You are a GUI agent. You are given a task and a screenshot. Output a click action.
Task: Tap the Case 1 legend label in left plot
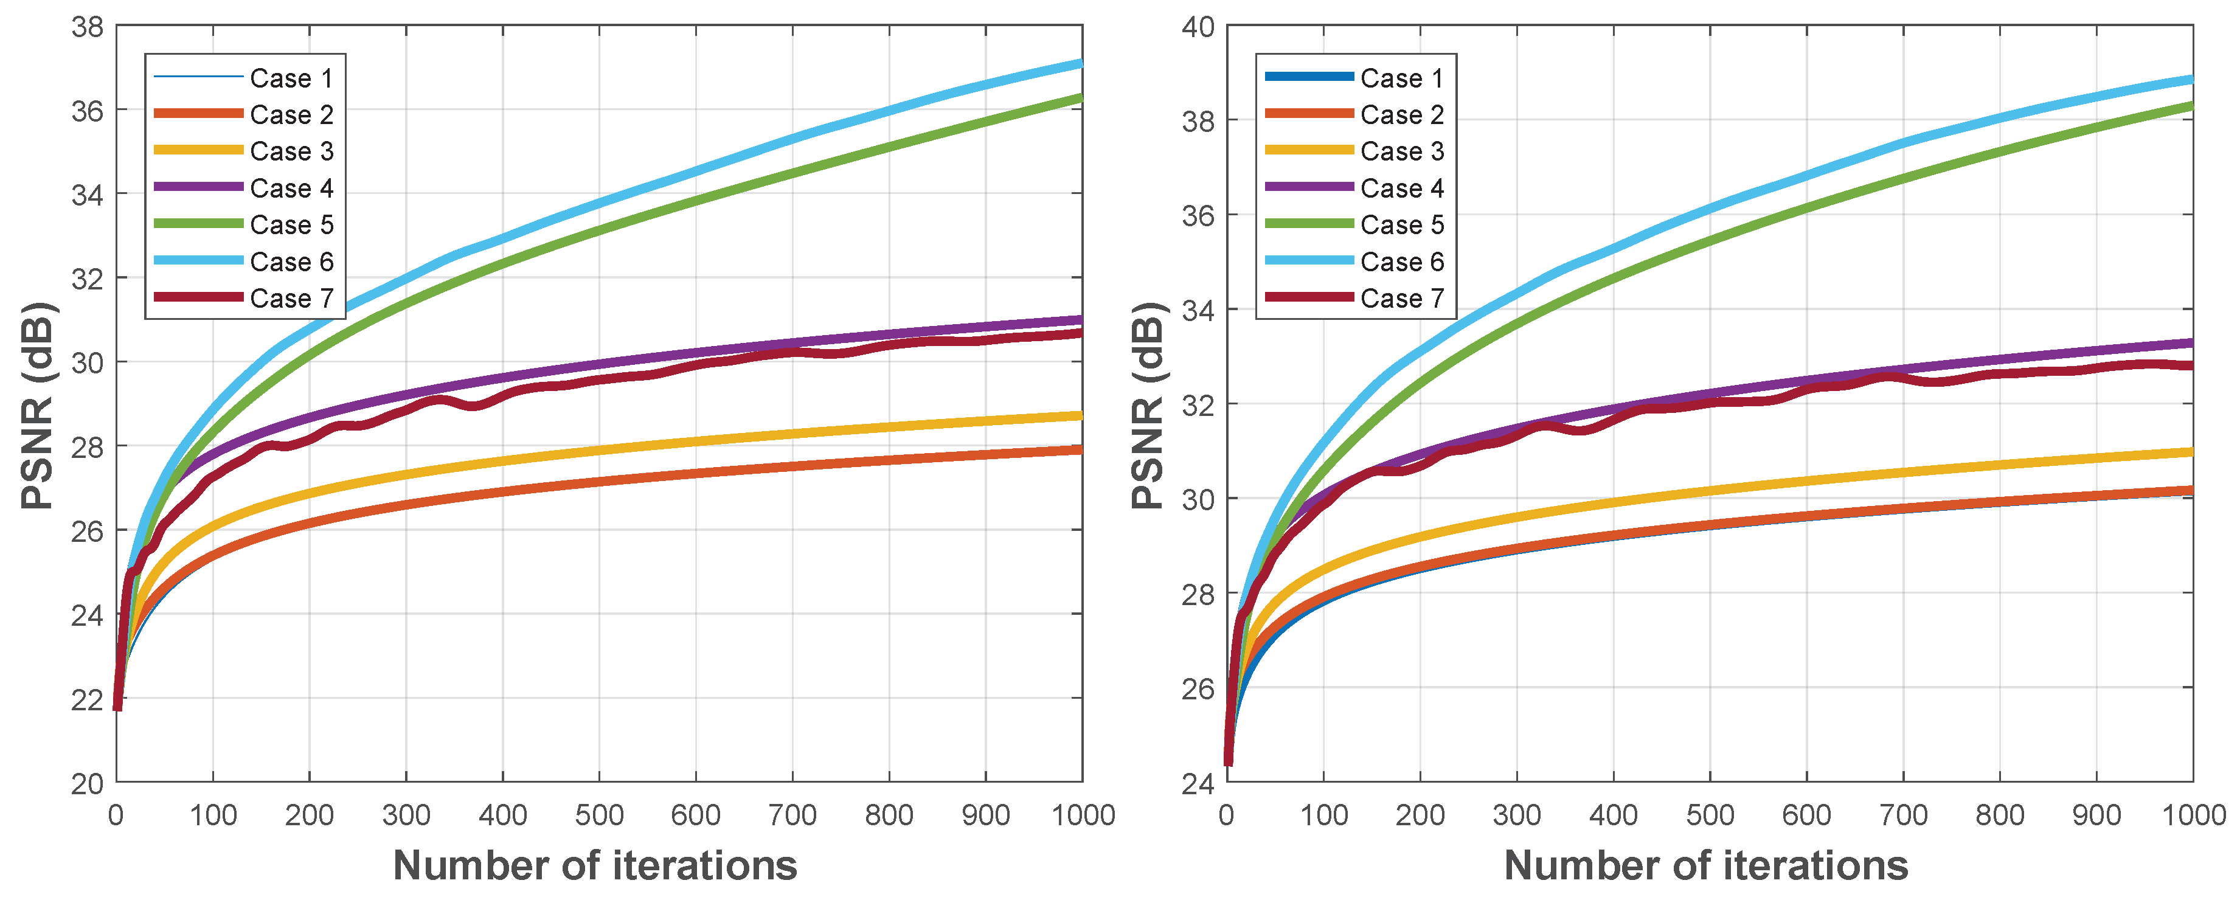tap(291, 78)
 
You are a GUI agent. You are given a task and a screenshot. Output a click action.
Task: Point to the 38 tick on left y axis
tap(87, 27)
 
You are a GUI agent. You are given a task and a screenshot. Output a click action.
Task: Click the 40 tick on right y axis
tap(1198, 27)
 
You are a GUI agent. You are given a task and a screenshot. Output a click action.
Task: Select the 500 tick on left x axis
tap(599, 816)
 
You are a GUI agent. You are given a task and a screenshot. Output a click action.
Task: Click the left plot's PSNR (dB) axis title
tap(38, 405)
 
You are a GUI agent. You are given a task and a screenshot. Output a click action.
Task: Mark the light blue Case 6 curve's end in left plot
tap(1080, 63)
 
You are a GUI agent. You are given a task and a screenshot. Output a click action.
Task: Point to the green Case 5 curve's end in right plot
tap(2191, 106)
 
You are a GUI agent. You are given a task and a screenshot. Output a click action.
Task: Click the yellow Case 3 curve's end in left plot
tap(1080, 415)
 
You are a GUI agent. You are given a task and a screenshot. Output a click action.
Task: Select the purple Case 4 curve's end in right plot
tap(2191, 342)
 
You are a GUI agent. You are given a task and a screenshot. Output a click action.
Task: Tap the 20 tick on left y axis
tap(87, 783)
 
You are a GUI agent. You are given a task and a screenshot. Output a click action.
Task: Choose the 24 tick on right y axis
tap(1198, 783)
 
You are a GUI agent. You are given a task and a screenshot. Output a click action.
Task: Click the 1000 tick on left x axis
tap(1083, 816)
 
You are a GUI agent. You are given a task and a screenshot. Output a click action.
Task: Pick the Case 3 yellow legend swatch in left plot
tap(198, 150)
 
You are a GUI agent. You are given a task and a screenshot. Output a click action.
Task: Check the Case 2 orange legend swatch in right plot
tap(1309, 114)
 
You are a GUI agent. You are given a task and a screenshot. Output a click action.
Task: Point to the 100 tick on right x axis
tap(1323, 816)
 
